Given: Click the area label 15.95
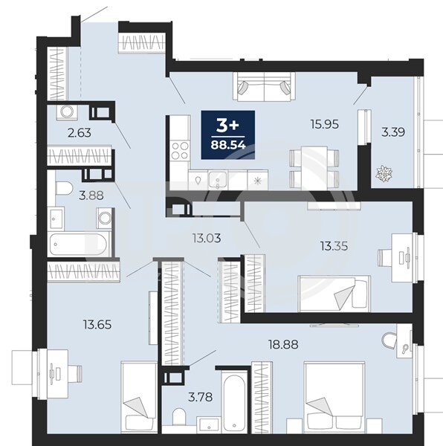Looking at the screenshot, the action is click(x=325, y=124).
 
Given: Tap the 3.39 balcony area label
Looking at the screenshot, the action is click(x=393, y=132).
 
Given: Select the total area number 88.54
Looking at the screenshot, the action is click(x=228, y=145).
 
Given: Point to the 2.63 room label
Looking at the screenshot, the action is click(x=80, y=133).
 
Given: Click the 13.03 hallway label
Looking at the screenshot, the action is click(x=207, y=239).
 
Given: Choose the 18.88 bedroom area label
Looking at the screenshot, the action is click(x=283, y=345).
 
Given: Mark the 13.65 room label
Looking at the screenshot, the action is click(x=97, y=325).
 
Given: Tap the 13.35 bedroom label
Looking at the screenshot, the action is click(x=334, y=246).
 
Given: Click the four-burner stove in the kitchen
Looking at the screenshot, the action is click(x=181, y=150).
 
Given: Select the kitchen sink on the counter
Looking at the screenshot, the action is click(x=218, y=180).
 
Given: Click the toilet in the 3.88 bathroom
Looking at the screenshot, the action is click(x=64, y=189).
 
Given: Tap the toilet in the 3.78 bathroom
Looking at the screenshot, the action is click(x=179, y=417).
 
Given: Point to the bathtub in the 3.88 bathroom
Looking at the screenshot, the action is click(x=80, y=245).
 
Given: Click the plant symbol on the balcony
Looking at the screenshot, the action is click(x=384, y=173).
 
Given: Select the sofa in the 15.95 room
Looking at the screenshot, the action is click(x=264, y=86).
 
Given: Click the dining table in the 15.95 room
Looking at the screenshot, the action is click(x=314, y=168).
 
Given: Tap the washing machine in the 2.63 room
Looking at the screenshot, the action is click(x=68, y=111).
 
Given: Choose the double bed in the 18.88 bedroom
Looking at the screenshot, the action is click(x=334, y=398).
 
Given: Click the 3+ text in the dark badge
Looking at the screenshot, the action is click(x=227, y=126).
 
